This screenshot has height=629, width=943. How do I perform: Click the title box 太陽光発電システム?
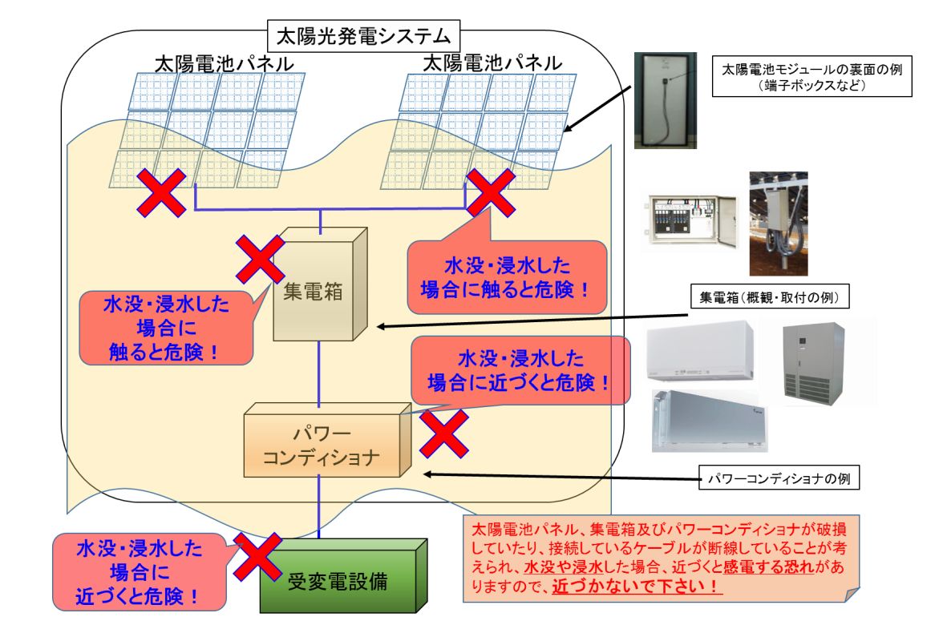tap(363, 36)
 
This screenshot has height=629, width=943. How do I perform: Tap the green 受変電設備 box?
tap(343, 575)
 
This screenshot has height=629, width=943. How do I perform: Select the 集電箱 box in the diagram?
tap(320, 284)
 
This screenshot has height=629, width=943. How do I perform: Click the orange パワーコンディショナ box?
tap(327, 440)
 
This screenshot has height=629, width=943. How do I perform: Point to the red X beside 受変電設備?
tap(257, 556)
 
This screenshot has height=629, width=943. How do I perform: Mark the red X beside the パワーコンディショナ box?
tap(444, 433)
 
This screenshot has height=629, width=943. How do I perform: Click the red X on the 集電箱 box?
tap(260, 259)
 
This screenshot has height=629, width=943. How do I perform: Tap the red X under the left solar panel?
tap(161, 192)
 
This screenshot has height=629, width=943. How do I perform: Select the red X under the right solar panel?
tap(491, 192)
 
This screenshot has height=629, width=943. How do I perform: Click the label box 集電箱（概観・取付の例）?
tap(769, 296)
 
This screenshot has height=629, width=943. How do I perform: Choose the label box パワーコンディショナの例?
tap(779, 478)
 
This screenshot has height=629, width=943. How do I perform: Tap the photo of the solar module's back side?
tap(666, 100)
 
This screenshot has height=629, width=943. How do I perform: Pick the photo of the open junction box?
tap(691, 222)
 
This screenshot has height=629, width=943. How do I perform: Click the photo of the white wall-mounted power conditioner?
tap(700, 352)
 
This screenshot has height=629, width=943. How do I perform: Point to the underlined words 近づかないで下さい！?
tap(637, 586)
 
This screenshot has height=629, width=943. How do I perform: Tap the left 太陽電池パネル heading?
tap(225, 63)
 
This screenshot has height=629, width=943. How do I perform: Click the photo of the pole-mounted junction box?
tap(778, 224)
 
